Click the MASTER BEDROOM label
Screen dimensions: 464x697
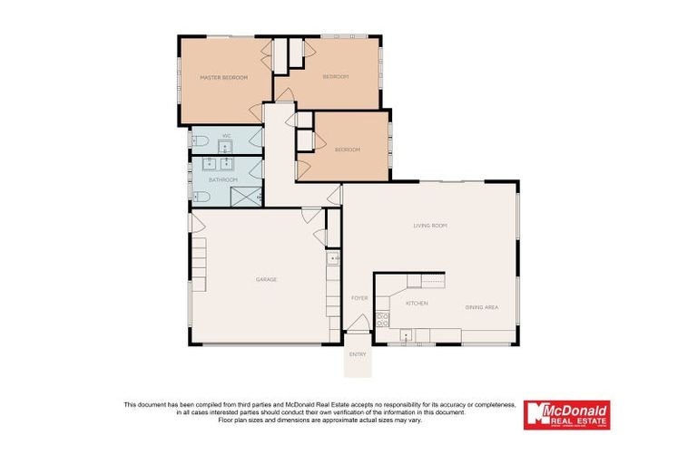(223, 77)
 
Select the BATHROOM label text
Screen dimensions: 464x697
(222, 179)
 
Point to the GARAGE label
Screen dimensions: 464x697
(266, 279)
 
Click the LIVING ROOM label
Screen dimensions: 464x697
(430, 225)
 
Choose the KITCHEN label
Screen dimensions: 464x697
(417, 303)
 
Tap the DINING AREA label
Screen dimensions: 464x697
(482, 307)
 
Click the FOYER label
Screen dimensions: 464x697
(359, 297)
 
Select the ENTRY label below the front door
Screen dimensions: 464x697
(358, 354)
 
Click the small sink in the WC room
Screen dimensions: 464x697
(224, 144)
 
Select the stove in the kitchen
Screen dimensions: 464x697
(383, 319)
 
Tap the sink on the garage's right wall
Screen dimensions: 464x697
(333, 258)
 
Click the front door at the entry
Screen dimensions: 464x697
(358, 324)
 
